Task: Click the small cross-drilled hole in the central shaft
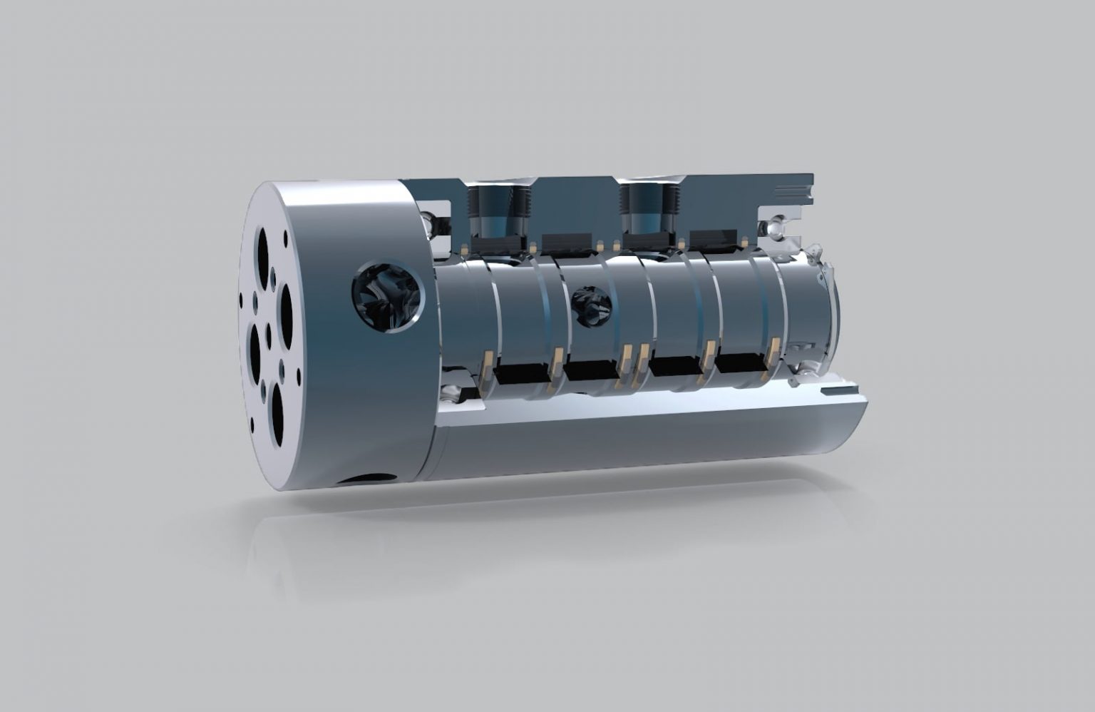click(592, 307)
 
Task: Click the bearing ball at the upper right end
click(772, 228)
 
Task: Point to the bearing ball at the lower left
click(451, 393)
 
